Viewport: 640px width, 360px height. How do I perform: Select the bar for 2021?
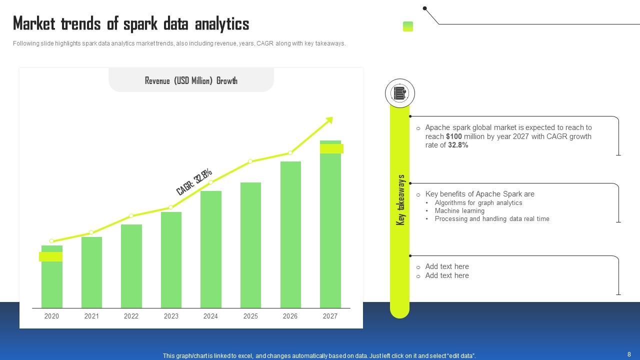coord(91,272)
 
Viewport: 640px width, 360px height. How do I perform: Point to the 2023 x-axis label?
coord(171,316)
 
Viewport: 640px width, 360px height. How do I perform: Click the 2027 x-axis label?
coord(330,316)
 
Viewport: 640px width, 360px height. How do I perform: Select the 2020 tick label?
coord(51,316)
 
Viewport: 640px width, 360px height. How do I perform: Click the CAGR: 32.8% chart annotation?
coord(194,181)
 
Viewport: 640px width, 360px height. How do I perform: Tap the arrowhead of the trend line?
coord(329,120)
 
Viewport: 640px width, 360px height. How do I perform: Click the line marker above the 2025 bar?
coord(250,161)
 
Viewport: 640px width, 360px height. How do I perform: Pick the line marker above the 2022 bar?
coord(131,216)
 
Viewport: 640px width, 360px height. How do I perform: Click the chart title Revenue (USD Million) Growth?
coord(191,80)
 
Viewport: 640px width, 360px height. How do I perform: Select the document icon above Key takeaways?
coord(399,93)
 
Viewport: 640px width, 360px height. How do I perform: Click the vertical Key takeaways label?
coord(400,200)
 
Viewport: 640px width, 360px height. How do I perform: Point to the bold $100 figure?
coord(454,136)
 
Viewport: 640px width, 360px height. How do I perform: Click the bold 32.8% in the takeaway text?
coord(458,145)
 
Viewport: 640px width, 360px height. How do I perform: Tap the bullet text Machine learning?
coord(459,210)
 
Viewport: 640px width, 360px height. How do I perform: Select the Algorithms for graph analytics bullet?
coord(478,202)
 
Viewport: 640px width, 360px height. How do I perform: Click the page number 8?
coord(629,354)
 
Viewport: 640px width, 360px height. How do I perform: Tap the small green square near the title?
coord(408,26)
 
